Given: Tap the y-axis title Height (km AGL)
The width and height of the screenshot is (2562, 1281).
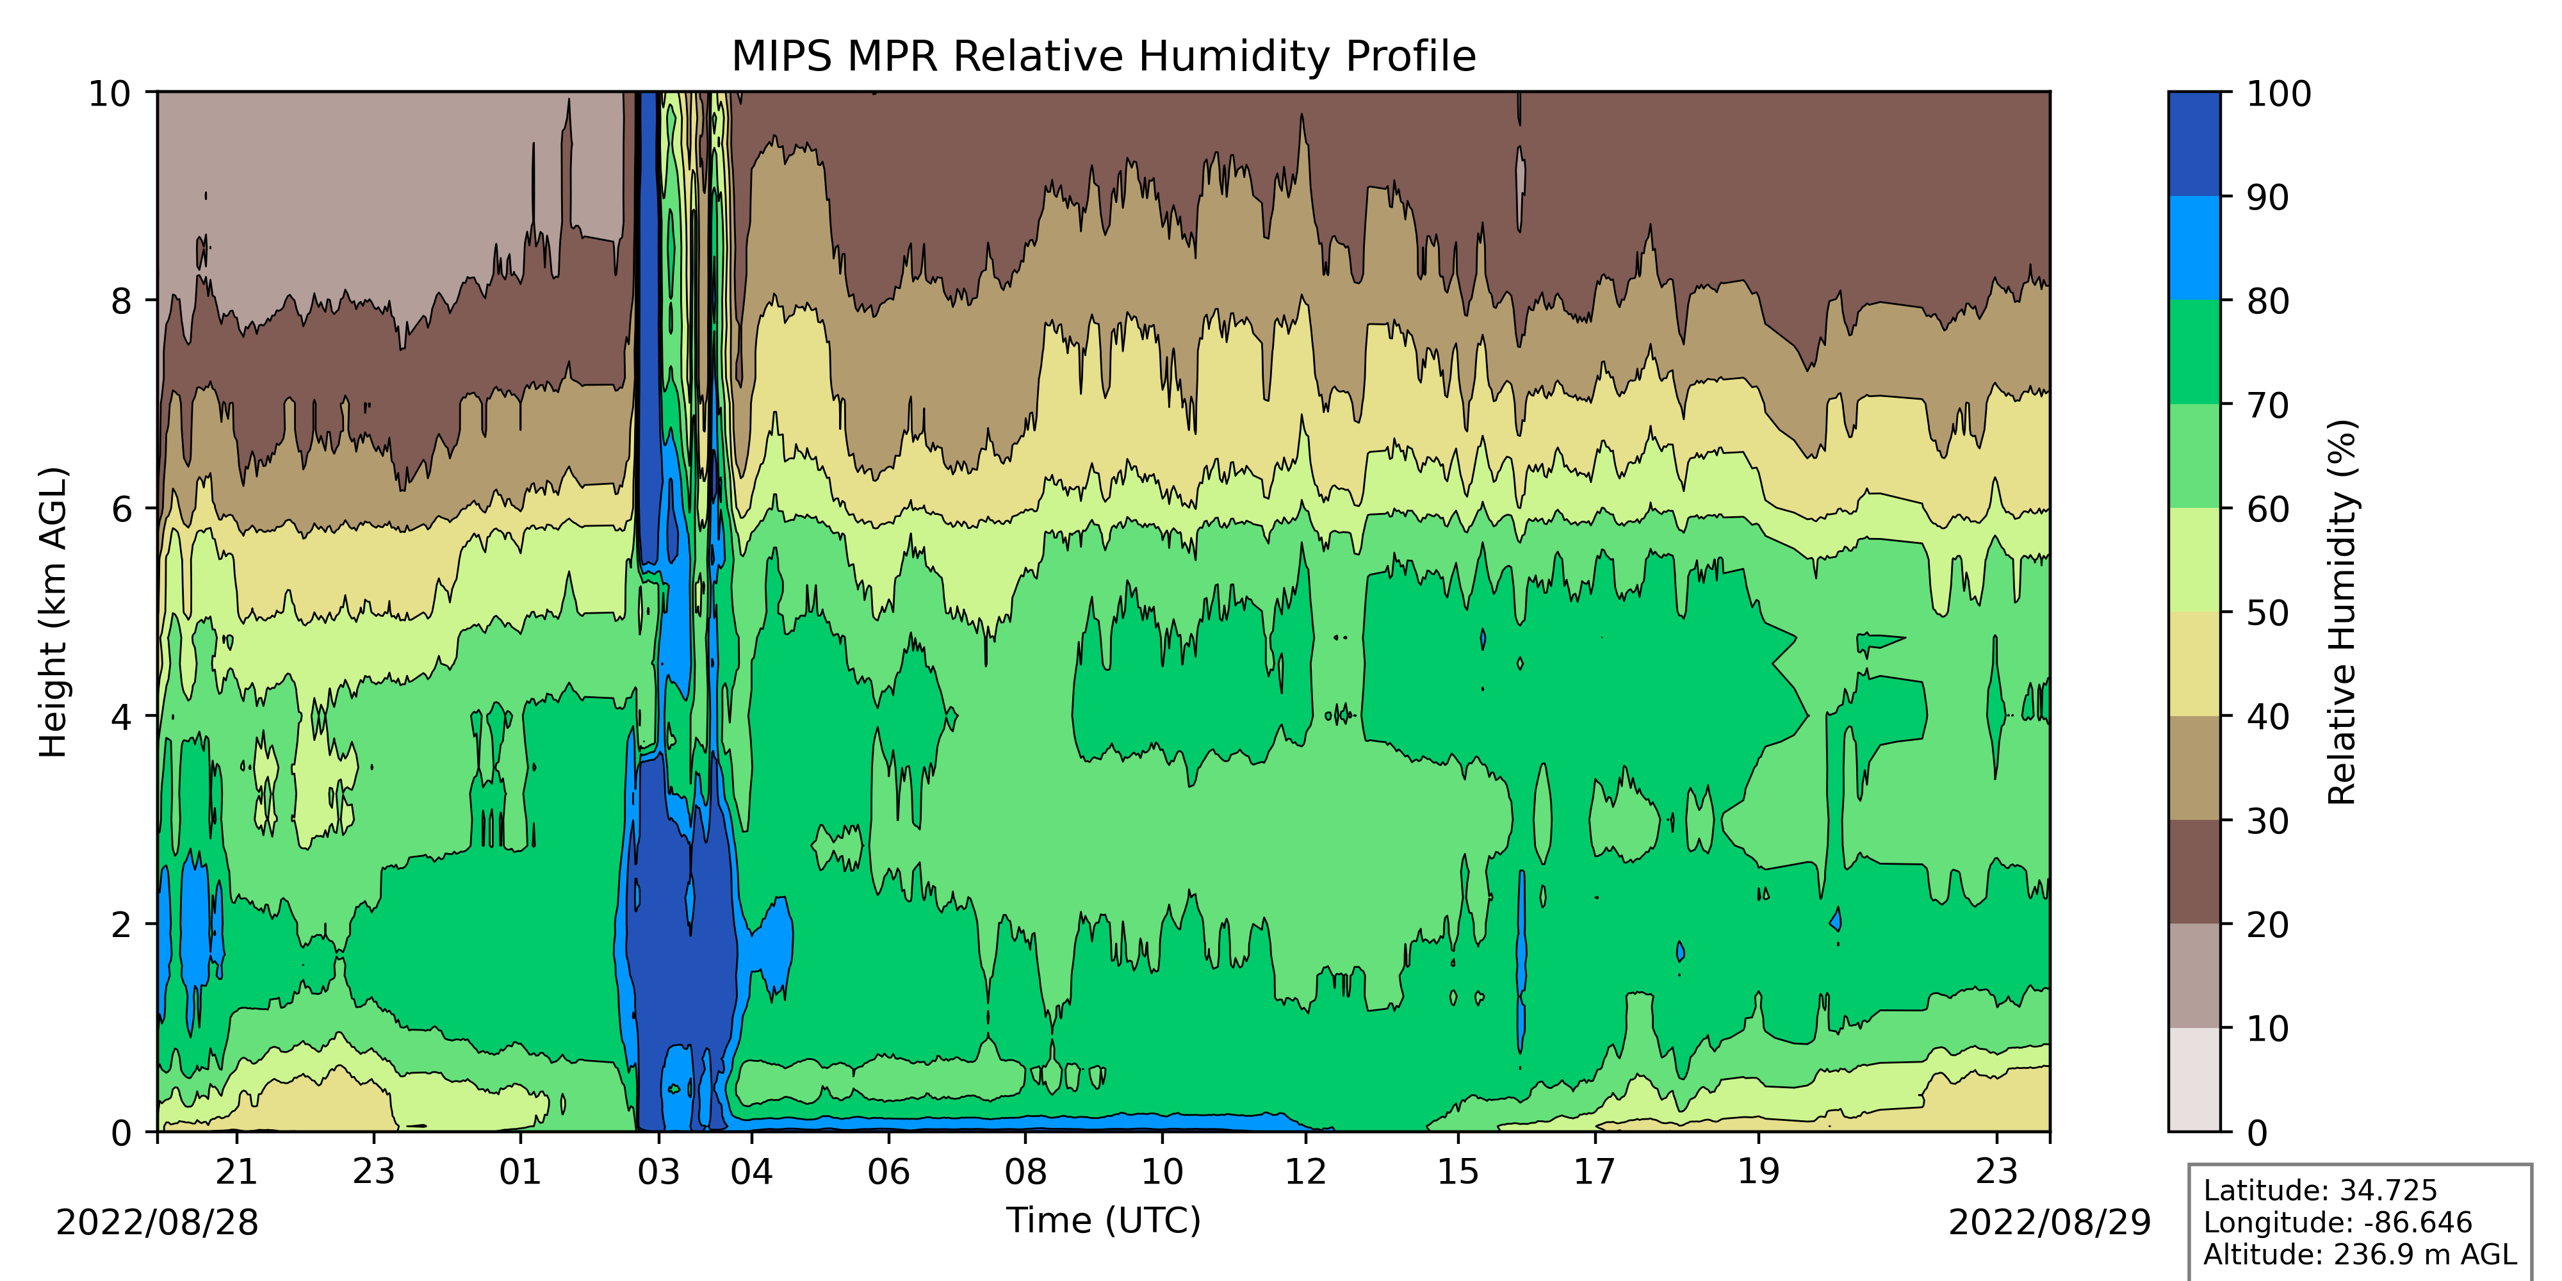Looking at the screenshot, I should pos(54,612).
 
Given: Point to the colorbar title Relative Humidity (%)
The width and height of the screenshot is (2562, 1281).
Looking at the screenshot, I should pos(2343,612).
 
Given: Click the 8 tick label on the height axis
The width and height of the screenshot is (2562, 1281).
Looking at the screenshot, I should pos(121,300).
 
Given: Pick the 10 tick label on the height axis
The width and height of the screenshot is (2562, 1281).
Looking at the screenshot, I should pos(110,94).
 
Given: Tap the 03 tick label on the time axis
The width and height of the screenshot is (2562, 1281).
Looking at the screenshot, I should pos(658,1171).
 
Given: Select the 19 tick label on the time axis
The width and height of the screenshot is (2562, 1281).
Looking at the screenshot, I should pos(1758,1171).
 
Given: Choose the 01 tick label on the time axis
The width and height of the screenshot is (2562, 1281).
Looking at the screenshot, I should pos(520,1171).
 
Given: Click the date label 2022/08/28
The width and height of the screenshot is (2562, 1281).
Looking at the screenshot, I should pos(157,1222).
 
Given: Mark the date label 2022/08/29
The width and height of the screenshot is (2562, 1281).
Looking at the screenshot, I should pos(2049,1222).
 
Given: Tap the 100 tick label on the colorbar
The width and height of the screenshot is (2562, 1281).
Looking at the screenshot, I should pos(2280,94).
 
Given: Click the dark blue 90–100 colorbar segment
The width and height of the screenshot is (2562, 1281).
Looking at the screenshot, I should pos(2194,144).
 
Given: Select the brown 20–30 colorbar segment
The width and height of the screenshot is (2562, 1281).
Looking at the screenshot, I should pos(2194,871).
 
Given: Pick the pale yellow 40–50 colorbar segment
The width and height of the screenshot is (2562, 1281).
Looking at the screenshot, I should pos(2194,664).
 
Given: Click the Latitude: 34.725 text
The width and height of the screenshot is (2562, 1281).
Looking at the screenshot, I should pos(2321,1191).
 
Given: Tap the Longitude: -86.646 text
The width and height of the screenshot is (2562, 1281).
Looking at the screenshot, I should pos(2337,1222).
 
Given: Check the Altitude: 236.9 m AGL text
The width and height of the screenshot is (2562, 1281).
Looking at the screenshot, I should pos(2359,1254).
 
